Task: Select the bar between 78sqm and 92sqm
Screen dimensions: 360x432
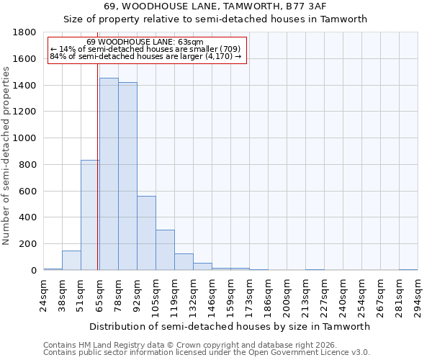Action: (127, 176)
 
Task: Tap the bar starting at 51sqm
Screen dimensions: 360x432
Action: (90, 215)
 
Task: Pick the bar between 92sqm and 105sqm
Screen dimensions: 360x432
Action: (146, 233)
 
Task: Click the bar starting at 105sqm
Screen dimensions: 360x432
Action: (165, 250)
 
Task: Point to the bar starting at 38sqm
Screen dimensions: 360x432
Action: (71, 261)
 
